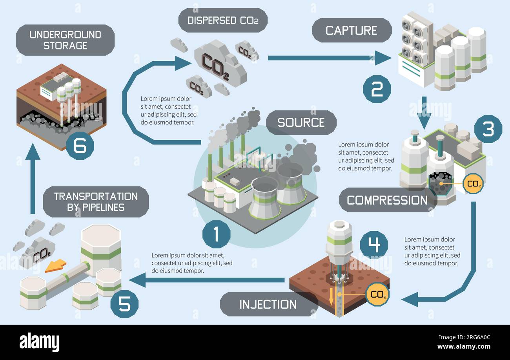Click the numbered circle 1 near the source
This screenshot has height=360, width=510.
click(x=216, y=234)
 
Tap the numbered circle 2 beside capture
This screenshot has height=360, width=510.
click(x=377, y=89)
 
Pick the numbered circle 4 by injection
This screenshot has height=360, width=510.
click(x=373, y=245)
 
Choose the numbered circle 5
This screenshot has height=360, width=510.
click(x=124, y=304)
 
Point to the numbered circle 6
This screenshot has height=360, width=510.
click(x=80, y=146)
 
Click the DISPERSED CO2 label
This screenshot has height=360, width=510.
click(x=223, y=20)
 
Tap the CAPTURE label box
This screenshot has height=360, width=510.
click(x=351, y=30)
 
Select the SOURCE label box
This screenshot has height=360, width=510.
click(x=301, y=122)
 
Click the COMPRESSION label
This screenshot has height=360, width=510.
click(x=387, y=200)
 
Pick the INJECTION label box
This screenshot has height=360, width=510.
click(x=268, y=304)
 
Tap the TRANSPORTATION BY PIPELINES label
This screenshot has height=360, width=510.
click(x=96, y=201)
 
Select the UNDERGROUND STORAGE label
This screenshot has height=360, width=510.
click(x=65, y=40)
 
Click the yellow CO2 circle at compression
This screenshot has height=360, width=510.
click(x=473, y=183)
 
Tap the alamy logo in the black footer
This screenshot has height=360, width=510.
click(x=39, y=342)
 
